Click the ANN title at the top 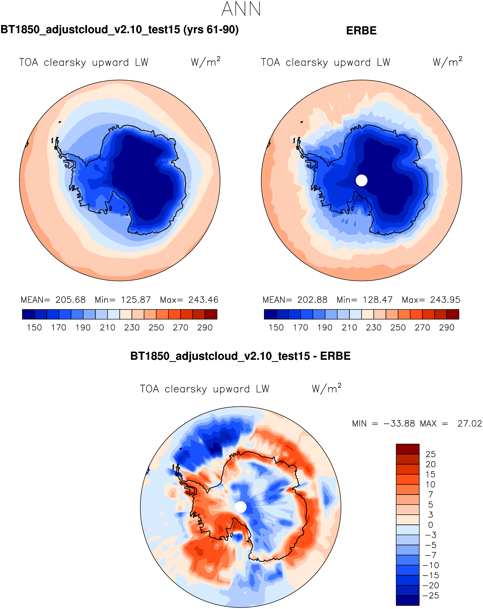click(x=241, y=9)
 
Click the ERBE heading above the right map click(x=361, y=31)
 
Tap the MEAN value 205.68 click(x=70, y=300)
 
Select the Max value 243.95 click(x=445, y=300)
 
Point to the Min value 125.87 click(x=136, y=300)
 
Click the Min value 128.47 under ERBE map click(x=378, y=300)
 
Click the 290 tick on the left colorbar click(x=205, y=328)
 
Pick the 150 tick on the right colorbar click(x=276, y=328)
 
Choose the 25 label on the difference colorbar click(x=431, y=454)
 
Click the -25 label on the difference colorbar click(x=431, y=596)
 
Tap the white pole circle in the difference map click(x=241, y=507)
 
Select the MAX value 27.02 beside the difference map click(x=469, y=424)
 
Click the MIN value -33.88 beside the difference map click(x=399, y=424)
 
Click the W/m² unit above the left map click(x=205, y=62)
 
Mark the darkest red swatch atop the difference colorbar click(x=408, y=449)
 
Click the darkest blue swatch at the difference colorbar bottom click(x=408, y=601)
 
